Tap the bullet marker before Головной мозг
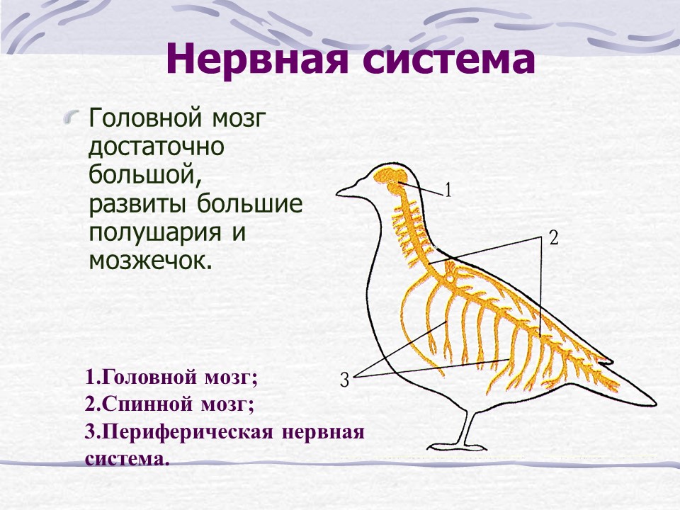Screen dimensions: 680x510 point(72,117)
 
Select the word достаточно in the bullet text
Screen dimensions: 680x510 point(157,147)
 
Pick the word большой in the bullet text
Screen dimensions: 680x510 point(145,174)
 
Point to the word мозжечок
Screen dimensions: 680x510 point(150,260)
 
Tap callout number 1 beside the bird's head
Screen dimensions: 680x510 point(448,190)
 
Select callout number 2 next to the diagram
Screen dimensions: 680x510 point(553,238)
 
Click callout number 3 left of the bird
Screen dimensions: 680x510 point(344,380)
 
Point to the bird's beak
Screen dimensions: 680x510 point(348,190)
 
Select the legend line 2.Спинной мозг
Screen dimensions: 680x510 point(169,405)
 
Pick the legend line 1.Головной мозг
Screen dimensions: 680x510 point(171,378)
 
